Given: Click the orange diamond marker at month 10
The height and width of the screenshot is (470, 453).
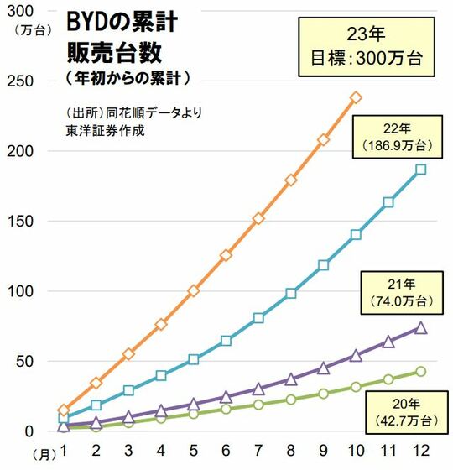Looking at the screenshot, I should pyautogui.click(x=356, y=97).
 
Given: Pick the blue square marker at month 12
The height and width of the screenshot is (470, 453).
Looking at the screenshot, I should pyautogui.click(x=420, y=169).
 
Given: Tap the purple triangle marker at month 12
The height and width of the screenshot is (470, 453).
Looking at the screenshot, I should pyautogui.click(x=420, y=327).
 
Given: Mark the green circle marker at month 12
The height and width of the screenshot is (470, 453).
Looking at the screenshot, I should pyautogui.click(x=420, y=371).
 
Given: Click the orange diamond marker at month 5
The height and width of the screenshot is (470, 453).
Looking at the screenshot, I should pyautogui.click(x=193, y=290).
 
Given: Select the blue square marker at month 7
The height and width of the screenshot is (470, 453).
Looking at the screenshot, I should pyautogui.click(x=258, y=318).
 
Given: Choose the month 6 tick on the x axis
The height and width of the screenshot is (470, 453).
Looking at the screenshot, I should pyautogui.click(x=226, y=452).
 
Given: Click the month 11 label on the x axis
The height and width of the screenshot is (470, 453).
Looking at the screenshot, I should pyautogui.click(x=388, y=452).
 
